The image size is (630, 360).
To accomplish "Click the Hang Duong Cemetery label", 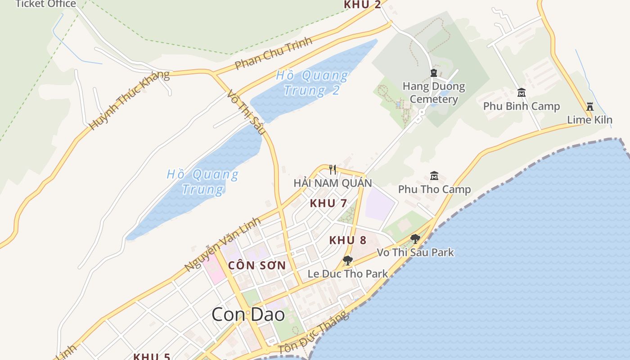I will (x=433, y=93).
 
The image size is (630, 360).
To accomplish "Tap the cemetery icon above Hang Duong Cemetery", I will (x=434, y=73).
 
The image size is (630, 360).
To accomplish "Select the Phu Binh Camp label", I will (x=521, y=107).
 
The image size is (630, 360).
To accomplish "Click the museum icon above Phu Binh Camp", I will (x=521, y=93).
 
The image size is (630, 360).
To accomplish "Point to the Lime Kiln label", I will (x=589, y=120).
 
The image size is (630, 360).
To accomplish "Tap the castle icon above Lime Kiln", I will (x=589, y=107).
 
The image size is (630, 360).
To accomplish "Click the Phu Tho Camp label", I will (x=434, y=189).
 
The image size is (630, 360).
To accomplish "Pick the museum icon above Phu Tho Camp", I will (x=434, y=175).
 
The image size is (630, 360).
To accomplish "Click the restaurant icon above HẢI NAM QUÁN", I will (x=333, y=170).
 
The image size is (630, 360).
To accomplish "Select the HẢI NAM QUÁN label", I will (x=333, y=183).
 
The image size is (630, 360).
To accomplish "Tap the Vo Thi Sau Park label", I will (x=415, y=252).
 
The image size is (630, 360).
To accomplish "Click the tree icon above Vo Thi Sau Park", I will (x=415, y=239).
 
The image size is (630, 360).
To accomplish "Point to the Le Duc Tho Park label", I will (x=347, y=274).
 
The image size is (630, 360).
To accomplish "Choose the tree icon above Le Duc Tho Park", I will (x=347, y=260).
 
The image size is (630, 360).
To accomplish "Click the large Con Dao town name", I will (x=248, y=315).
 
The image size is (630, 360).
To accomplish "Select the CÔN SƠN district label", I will (x=257, y=265).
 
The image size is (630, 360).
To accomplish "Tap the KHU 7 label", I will (x=328, y=203).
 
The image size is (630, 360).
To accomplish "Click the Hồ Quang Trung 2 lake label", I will (x=311, y=83).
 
